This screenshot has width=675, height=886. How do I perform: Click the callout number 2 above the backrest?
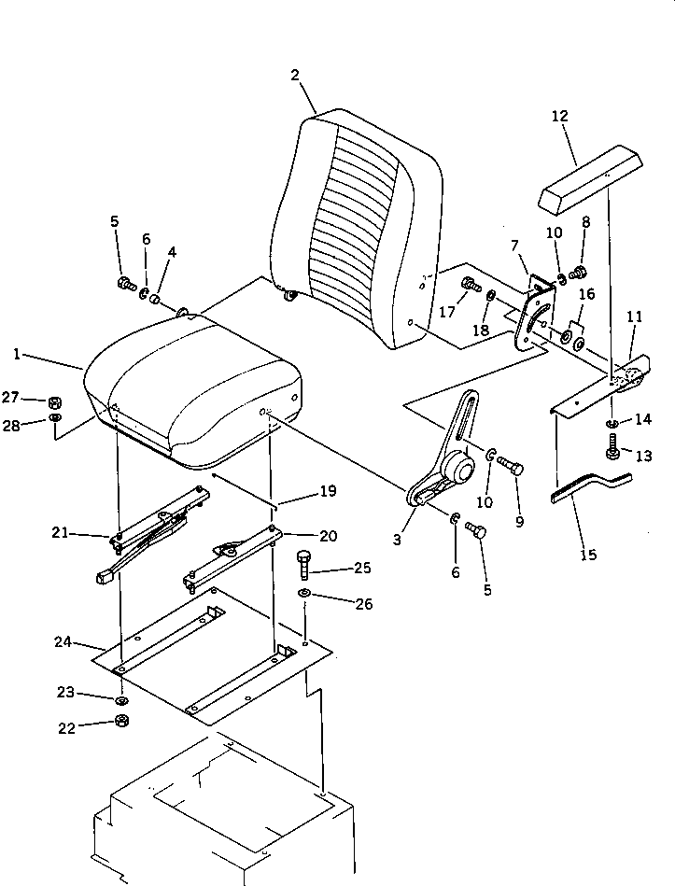pos(295,76)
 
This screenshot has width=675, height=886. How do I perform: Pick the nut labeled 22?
pos(121,720)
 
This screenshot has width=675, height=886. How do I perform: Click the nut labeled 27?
pos(55,401)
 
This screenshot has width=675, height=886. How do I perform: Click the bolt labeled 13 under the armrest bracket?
pos(613,453)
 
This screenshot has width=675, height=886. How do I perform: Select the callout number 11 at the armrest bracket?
pos(635,317)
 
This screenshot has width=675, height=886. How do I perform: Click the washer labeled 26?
pos(305,594)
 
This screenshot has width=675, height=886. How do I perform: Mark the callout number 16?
pos(585,295)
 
